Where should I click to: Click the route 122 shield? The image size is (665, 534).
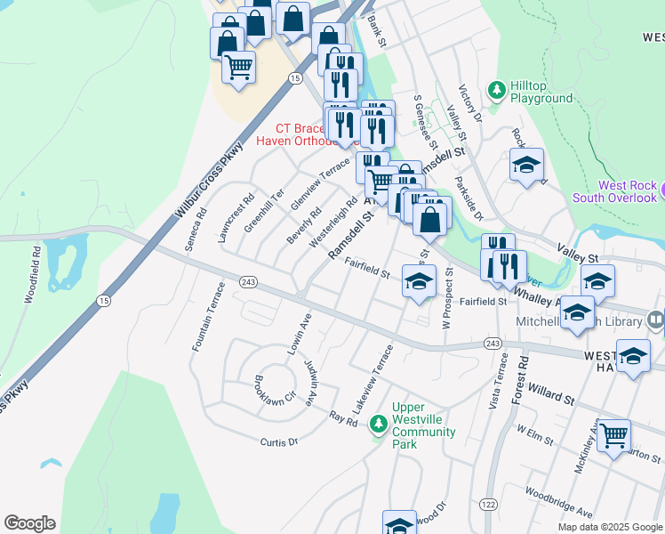(x=487, y=505)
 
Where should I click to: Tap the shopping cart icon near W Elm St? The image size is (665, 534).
(x=613, y=436)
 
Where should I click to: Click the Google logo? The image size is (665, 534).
(x=29, y=523)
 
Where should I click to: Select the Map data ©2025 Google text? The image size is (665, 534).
(x=609, y=527)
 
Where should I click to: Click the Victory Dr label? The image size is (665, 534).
(x=469, y=105)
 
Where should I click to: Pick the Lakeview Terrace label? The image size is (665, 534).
(x=373, y=378)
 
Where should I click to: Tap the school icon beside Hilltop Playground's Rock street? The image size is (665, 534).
(x=526, y=166)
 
